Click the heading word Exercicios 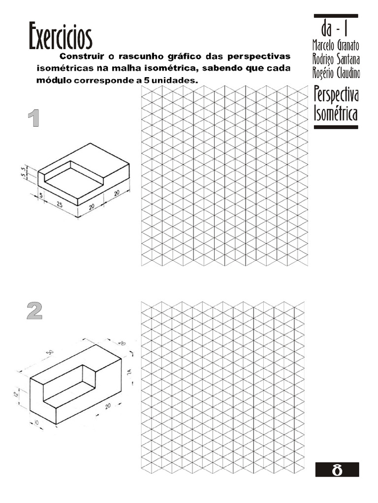coord(61,36)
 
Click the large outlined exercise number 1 coord(33,119)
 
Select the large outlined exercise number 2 coord(34,310)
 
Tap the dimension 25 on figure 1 coord(59,204)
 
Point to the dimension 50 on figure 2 coord(50,353)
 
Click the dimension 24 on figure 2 coord(129,372)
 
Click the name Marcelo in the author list coord(324,45)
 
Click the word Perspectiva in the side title coord(336,94)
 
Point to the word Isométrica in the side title coord(335,114)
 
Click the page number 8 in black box coord(337,470)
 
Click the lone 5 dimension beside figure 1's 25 coord(41,196)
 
